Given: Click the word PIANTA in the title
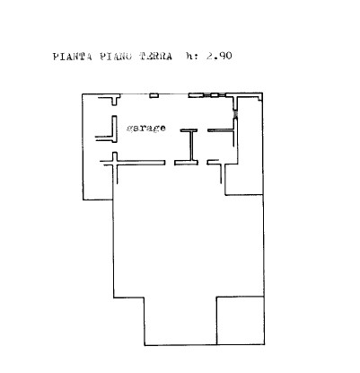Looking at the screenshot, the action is click(72, 57).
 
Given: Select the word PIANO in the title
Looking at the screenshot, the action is click(116, 57).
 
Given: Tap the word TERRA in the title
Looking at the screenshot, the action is click(155, 57).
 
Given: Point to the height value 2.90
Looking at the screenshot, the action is click(219, 56).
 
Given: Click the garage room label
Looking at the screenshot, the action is click(146, 129).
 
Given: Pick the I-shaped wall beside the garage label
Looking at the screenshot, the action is click(189, 147).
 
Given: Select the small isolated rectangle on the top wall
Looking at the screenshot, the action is click(154, 95).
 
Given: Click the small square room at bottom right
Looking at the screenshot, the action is click(241, 321).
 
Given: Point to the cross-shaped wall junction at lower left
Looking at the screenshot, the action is click(115, 163).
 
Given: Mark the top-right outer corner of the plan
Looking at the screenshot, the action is click(262, 93).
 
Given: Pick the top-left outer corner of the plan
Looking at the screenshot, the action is click(83, 94).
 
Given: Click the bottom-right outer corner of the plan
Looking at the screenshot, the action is click(264, 344).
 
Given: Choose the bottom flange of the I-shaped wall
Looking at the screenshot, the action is click(186, 163).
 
